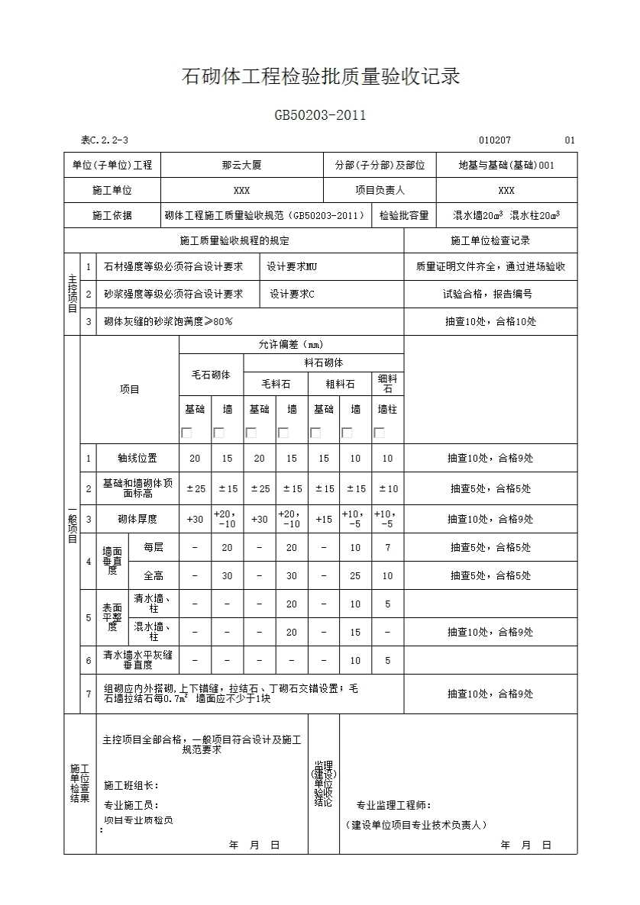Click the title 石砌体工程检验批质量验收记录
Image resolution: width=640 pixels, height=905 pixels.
coord(320,77)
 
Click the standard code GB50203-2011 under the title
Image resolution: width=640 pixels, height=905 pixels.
coord(320,116)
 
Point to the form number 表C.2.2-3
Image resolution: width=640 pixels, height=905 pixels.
coord(105,140)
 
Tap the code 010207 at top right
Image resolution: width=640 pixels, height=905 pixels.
coord(495,140)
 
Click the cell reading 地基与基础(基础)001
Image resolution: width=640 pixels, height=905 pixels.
coord(506,165)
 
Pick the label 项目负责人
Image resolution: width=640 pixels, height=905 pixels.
coord(380,191)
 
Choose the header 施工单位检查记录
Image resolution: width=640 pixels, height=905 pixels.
coord(490,241)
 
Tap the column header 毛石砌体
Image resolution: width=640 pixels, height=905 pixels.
coord(210,375)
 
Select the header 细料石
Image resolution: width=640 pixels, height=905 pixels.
coord(387,384)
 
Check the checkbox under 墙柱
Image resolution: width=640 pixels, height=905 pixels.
coord(379,433)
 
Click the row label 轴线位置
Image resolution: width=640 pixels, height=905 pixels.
coord(137,459)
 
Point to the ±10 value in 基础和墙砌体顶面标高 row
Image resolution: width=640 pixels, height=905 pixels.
coord(387,489)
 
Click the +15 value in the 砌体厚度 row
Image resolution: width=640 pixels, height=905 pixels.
coord(323,520)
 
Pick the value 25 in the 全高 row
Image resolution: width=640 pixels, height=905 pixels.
coord(355,576)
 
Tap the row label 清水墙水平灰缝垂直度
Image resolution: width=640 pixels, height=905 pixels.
coord(137,660)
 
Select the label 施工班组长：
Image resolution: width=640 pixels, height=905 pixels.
coord(131,785)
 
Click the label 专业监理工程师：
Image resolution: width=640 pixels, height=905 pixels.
coord(393,805)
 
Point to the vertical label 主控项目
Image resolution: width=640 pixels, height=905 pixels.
coord(72,294)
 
